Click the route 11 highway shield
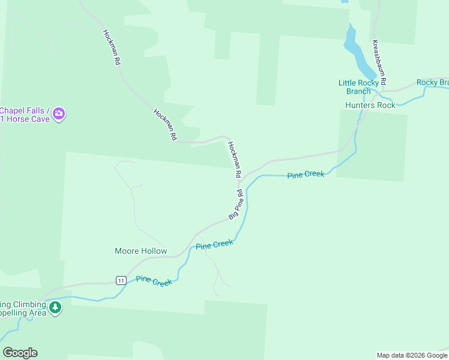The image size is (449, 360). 121,280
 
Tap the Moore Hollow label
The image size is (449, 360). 140,251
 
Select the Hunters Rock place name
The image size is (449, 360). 370,105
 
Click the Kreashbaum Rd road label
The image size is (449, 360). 379,62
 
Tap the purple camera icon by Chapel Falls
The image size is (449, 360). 58,113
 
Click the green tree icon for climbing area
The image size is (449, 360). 55,308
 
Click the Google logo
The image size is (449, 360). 20,353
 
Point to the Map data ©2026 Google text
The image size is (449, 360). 412,355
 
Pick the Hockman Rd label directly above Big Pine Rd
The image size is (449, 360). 234,159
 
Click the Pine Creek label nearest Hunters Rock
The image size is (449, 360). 306,175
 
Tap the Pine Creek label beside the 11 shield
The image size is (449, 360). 154,280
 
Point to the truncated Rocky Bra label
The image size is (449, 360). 432,82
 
